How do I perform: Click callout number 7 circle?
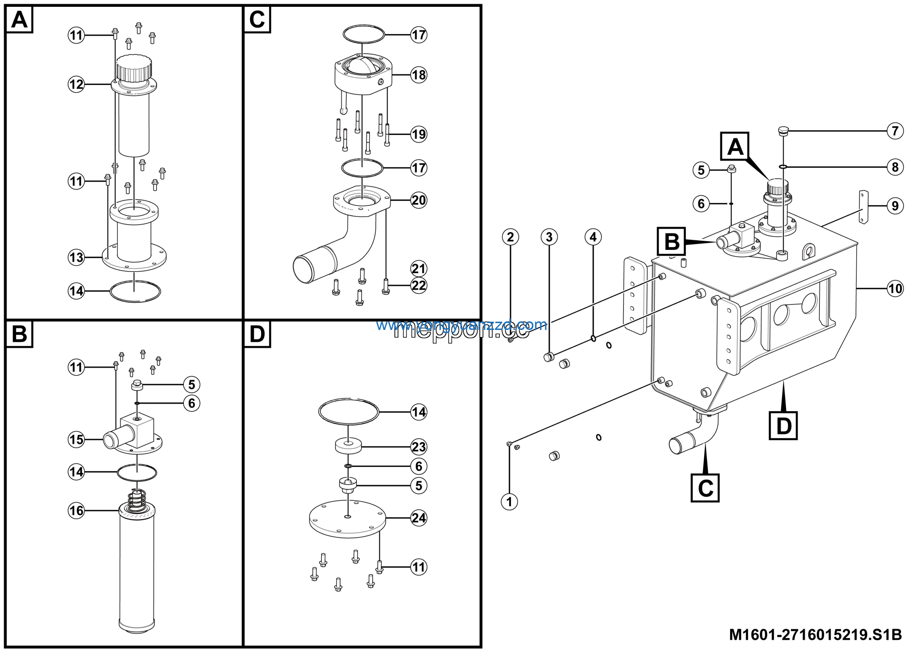coord(895,131)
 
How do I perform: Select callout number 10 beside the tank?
coord(895,288)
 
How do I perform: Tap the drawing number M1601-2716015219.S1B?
coord(815,635)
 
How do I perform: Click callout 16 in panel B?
coord(76,511)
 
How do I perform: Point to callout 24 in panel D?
coord(419,518)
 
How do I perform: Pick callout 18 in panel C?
coord(419,75)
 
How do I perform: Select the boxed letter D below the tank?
coord(783,426)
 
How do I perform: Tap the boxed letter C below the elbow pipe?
coord(705,488)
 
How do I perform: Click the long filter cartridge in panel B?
coord(137,571)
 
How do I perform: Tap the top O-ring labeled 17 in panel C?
coord(364,34)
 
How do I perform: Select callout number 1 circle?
coord(509,502)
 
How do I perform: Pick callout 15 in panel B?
coord(76,439)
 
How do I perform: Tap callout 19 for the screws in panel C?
coord(419,134)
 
